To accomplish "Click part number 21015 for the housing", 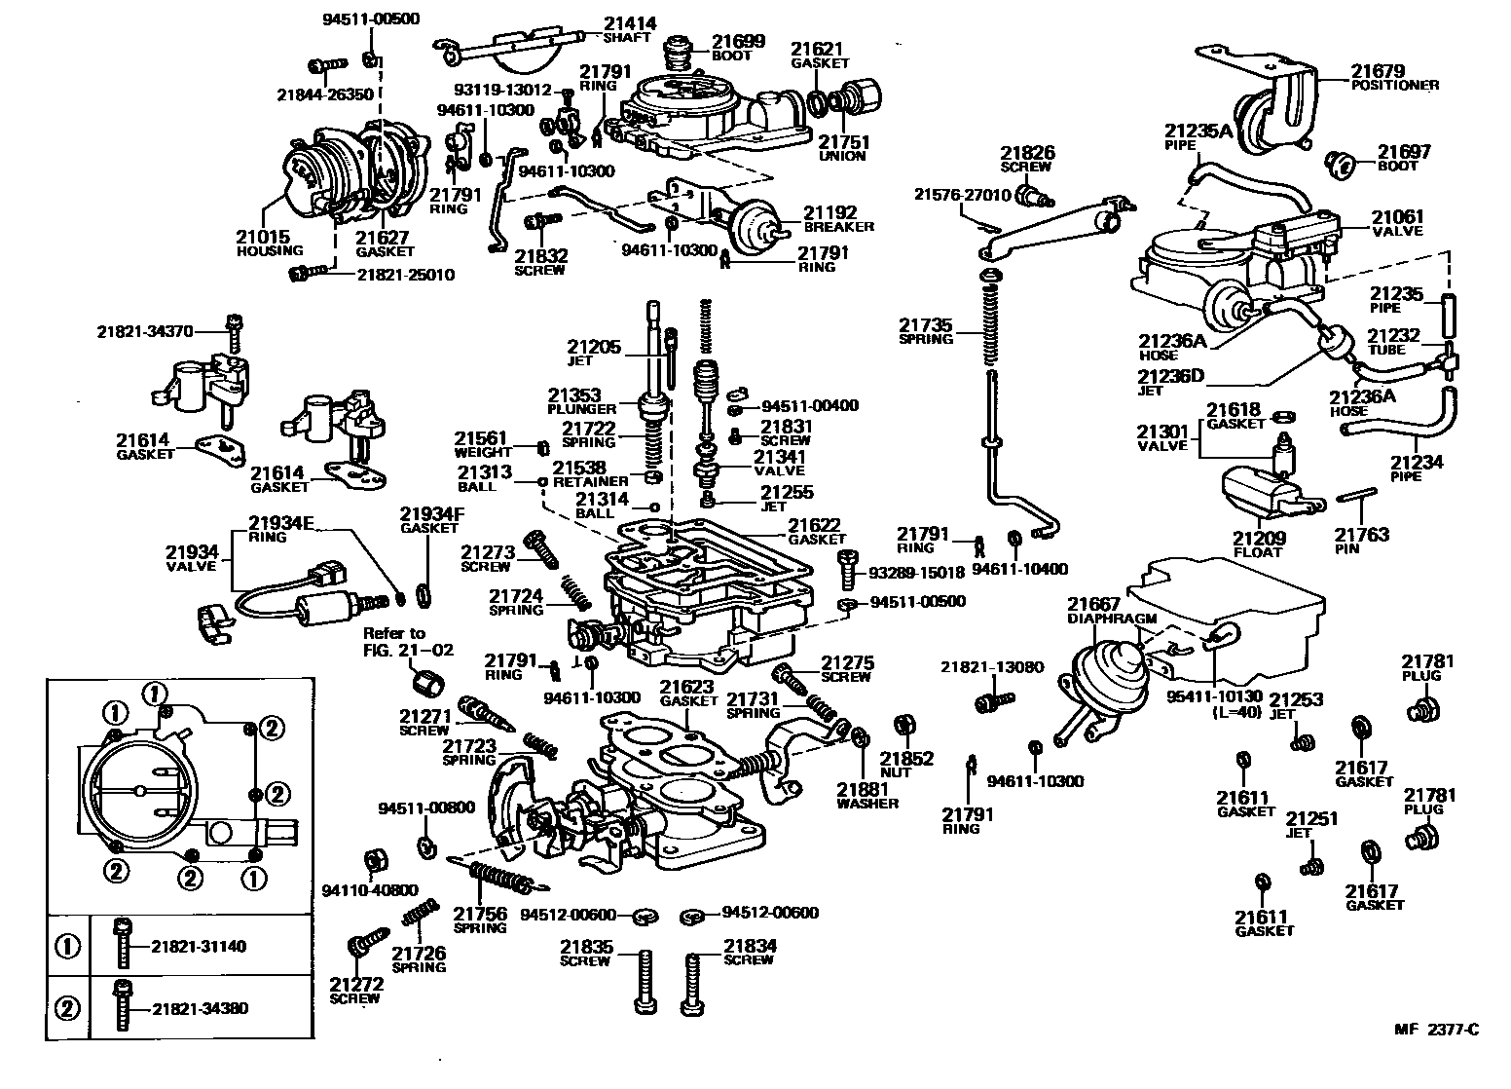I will (x=263, y=236).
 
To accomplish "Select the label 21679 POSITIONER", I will (x=1393, y=77).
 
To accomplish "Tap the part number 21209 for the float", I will (x=1258, y=538).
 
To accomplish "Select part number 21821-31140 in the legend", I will (x=199, y=946).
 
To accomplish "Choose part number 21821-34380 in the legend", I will (x=200, y=1008).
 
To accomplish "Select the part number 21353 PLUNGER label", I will (x=581, y=400).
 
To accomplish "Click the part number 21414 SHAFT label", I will (x=629, y=29).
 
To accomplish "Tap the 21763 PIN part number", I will (x=1361, y=534).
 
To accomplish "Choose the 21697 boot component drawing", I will (x=1345, y=164).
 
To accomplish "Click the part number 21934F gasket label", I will (x=428, y=519).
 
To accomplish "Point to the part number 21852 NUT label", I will (x=906, y=764).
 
